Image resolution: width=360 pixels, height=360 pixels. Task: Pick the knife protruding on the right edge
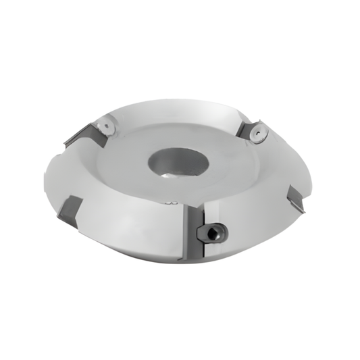pos(296,196)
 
